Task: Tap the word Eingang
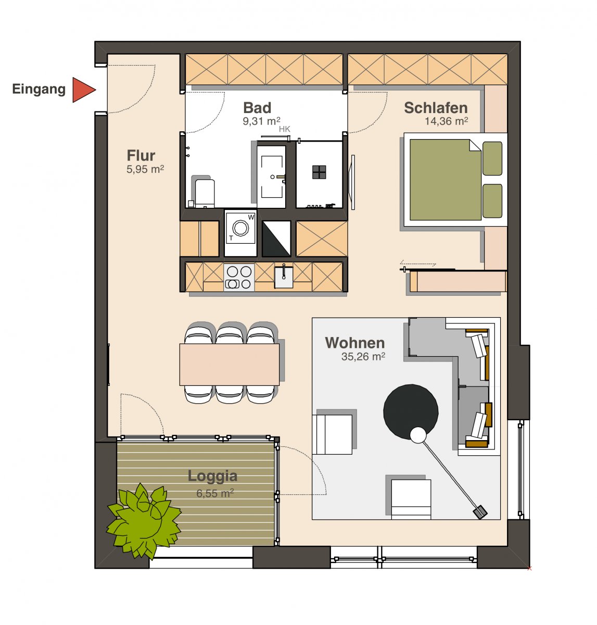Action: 39,90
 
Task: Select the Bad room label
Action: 257,108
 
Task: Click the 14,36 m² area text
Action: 446,121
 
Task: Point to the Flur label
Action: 141,155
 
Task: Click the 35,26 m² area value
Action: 363,356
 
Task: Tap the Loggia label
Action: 212,476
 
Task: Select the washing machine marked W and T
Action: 240,233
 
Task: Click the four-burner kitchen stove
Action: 239,278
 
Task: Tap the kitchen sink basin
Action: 284,278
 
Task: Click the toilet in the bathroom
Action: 204,192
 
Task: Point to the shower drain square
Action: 319,172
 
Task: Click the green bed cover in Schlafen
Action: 446,180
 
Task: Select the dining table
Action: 229,365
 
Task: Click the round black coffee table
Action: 411,412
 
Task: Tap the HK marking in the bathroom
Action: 284,129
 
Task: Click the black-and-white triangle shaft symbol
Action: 276,239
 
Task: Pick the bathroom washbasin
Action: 271,177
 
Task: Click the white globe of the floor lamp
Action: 418,435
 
